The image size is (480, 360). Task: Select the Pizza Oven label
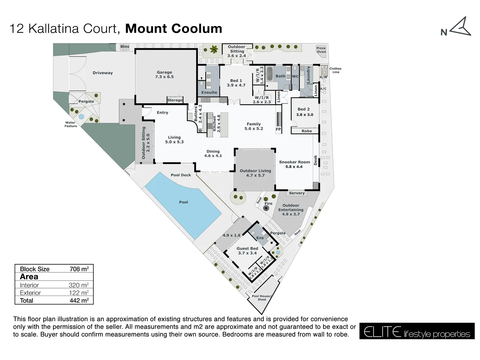[321, 50]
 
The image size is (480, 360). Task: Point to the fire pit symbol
[266, 208]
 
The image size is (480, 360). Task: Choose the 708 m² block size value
[79, 269]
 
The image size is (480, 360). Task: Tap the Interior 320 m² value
[78, 285]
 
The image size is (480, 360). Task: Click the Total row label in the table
[26, 300]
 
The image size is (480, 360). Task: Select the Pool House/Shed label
[262, 298]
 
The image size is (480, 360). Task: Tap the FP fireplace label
[278, 129]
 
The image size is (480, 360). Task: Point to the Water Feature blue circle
[81, 117]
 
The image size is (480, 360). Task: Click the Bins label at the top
[125, 47]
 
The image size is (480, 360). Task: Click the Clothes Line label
[335, 70]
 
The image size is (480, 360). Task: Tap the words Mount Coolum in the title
[173, 29]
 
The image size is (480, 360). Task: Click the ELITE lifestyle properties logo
[417, 331]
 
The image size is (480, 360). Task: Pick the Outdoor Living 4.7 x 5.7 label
[255, 173]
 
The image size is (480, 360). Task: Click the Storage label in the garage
[175, 100]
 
